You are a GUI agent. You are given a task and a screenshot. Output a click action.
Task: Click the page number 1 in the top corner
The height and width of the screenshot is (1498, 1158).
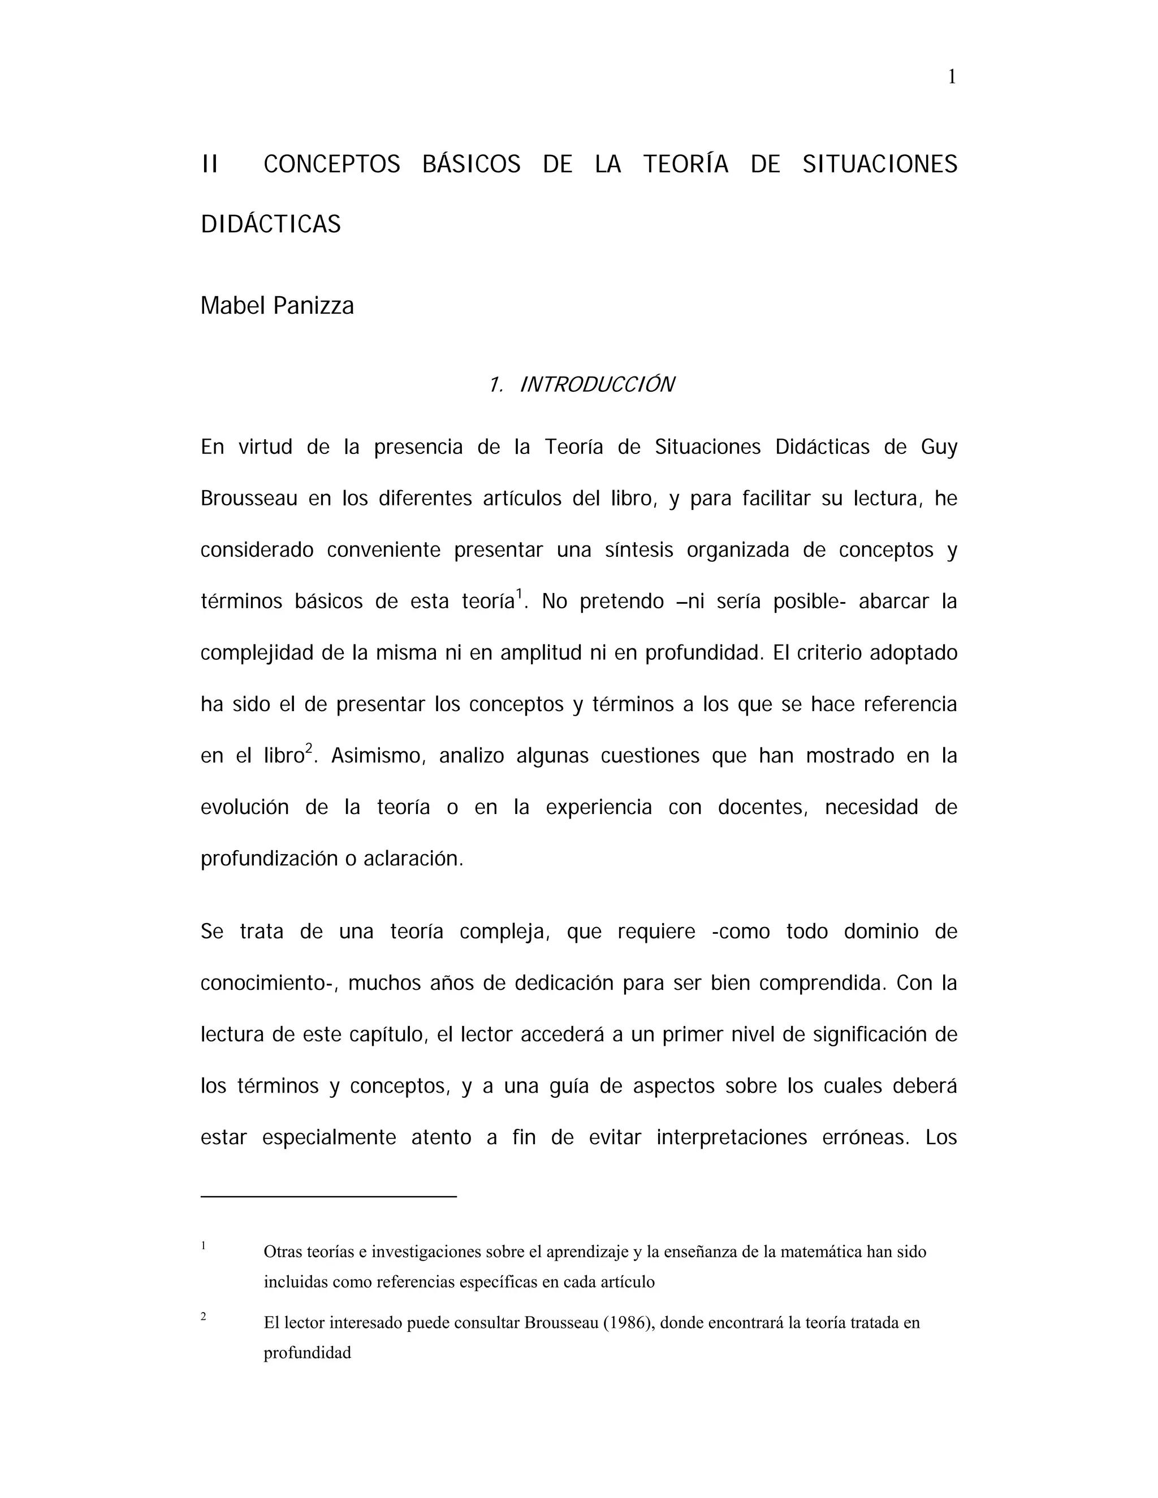point(952,77)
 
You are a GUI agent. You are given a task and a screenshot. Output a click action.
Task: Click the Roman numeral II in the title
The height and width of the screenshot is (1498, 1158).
point(210,164)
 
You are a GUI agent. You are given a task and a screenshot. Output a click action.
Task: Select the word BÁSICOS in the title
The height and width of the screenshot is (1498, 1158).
point(472,164)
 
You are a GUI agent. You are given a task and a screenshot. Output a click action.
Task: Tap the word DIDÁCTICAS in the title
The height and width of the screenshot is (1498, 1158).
point(270,224)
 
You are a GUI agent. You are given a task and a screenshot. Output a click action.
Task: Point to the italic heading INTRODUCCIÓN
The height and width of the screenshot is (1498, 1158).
point(597,385)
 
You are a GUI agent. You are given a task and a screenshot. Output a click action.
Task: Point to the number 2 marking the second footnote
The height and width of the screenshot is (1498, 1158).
point(204,1317)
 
